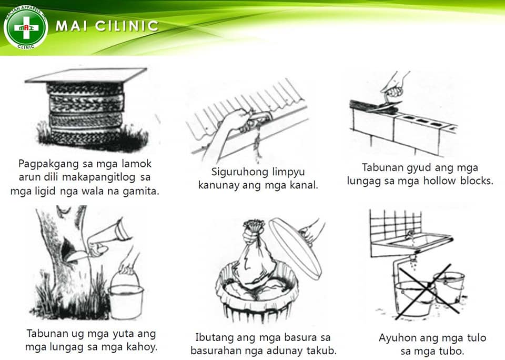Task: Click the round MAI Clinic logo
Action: point(26,27)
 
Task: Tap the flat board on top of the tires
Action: point(86,76)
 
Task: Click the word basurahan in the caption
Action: point(216,351)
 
